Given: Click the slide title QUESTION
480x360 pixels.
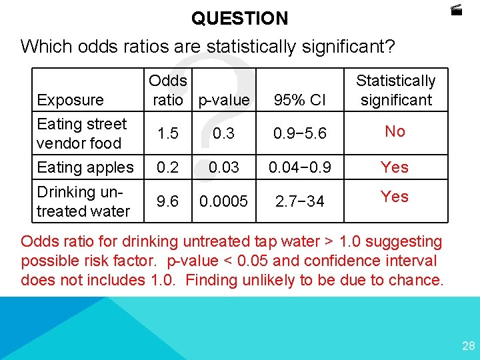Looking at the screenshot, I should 240,18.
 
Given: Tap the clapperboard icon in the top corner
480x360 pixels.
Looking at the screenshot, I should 456,10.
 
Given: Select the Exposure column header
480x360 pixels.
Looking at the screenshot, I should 71,100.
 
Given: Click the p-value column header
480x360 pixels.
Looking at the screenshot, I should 225,100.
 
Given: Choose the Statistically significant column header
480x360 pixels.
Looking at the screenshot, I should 395,91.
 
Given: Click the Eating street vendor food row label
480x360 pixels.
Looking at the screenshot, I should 81,133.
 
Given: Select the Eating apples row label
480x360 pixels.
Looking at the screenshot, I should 85,167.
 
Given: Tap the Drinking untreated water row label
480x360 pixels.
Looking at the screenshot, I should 83,201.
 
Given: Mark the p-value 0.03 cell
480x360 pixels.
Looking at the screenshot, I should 224,167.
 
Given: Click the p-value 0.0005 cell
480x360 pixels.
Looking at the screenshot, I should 224,201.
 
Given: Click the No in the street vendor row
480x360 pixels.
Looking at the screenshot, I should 395,131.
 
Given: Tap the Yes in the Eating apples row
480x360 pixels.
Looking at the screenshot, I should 395,167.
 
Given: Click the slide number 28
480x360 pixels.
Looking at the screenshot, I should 468,345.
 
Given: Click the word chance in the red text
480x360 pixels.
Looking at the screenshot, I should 417,280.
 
